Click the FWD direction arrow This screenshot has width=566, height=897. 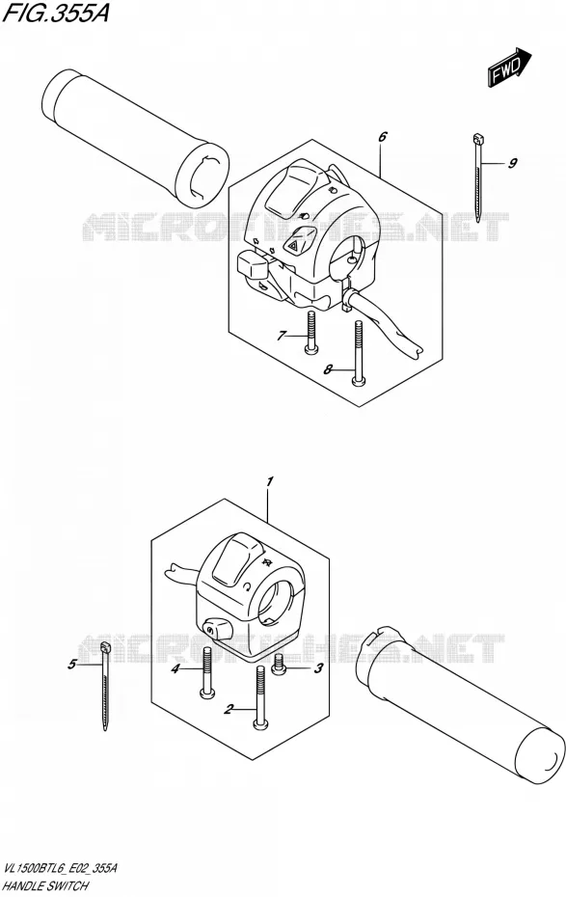coord(509,68)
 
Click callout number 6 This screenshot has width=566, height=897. coord(383,137)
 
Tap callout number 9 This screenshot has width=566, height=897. coord(512,164)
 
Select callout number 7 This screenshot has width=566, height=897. coord(281,336)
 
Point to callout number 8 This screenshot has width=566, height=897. coord(328,369)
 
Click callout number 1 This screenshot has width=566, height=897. coord(270,480)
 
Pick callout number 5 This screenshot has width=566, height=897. coord(71,665)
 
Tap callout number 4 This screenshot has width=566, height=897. coord(176,668)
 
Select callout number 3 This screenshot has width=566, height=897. coord(319,667)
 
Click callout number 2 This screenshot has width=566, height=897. coord(229,710)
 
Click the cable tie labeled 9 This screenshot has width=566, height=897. coord(478,177)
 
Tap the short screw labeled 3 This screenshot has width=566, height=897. coord(280,666)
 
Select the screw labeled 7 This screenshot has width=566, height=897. coord(310,333)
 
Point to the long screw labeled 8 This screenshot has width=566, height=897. coord(358,352)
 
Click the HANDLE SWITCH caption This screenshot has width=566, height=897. coord(45,885)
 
